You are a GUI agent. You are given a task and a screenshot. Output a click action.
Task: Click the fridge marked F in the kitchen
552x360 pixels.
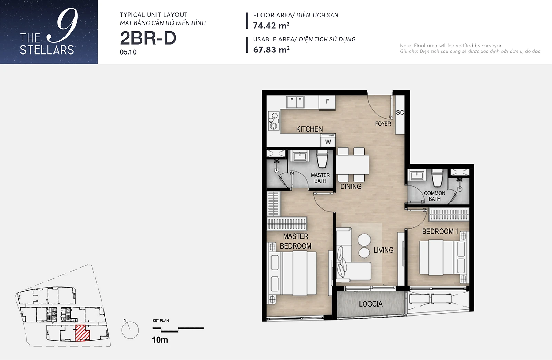(327, 102)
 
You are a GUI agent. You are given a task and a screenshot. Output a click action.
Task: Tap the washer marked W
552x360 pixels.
(328, 140)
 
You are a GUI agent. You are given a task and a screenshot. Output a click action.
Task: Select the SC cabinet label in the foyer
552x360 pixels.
(400, 113)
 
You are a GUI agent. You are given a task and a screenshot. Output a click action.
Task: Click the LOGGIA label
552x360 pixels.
(371, 304)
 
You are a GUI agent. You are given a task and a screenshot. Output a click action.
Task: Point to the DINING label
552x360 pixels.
(351, 186)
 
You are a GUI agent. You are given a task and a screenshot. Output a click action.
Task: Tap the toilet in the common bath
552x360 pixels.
(438, 178)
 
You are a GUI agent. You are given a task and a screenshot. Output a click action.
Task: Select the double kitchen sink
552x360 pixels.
(295, 102)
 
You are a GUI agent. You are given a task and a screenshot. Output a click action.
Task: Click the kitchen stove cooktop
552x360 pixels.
(274, 121)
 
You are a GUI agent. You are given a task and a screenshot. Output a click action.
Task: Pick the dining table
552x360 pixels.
(352, 165)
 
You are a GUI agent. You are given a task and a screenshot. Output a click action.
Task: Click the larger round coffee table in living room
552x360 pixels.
(364, 240)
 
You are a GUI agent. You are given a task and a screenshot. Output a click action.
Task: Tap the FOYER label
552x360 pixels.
(383, 124)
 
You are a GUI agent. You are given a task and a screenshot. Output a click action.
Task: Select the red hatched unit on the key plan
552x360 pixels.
(82, 333)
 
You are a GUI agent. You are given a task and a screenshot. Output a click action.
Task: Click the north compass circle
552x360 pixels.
(130, 330)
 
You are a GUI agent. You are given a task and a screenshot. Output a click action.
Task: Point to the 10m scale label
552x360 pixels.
(160, 340)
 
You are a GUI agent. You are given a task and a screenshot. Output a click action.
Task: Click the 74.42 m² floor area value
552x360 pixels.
(271, 26)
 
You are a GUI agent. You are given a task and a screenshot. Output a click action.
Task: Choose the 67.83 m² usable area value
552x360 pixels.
(271, 50)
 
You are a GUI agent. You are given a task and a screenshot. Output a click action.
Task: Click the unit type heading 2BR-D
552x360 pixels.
(148, 38)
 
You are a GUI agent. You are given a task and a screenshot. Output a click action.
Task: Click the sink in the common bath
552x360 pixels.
(417, 176)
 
